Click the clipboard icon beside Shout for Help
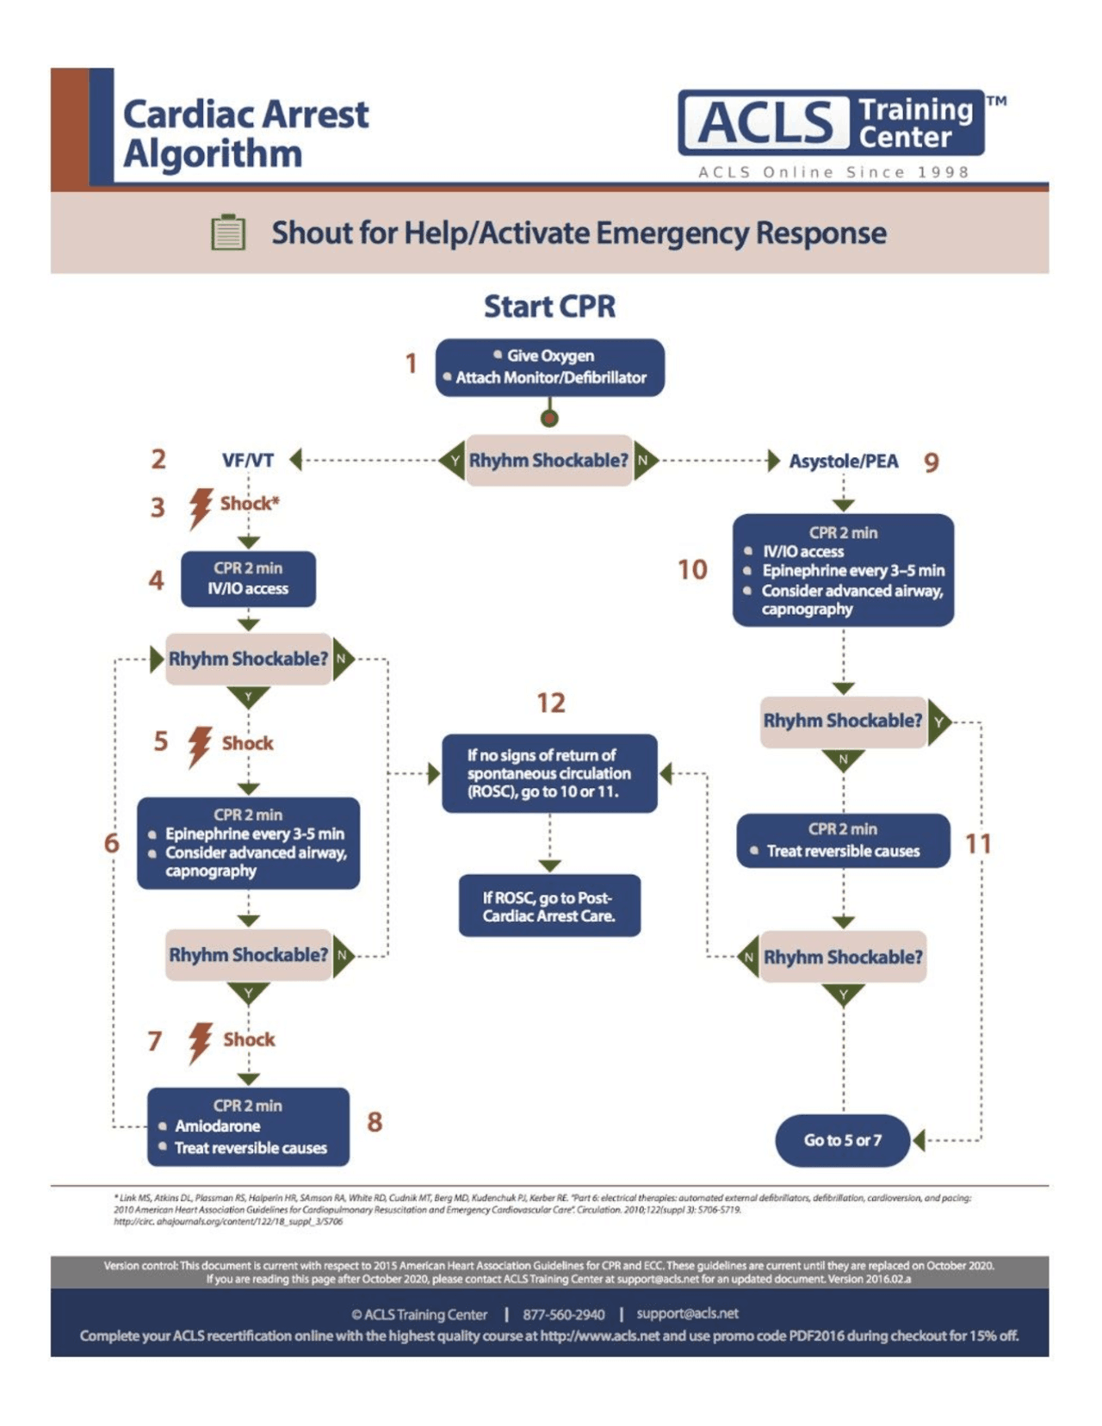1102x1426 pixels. (228, 232)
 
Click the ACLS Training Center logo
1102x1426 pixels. (831, 122)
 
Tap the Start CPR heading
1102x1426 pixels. (549, 307)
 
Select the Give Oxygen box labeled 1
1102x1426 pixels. (549, 367)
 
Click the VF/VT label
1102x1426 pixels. (248, 461)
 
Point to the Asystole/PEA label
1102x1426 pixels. (843, 462)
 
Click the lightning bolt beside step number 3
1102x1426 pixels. (201, 507)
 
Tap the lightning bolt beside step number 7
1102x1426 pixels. (201, 1043)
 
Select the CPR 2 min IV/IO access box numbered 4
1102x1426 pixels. (248, 579)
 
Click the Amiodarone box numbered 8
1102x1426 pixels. (248, 1126)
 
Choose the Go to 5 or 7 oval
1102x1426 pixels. (842, 1140)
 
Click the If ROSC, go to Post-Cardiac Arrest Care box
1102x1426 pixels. (549, 906)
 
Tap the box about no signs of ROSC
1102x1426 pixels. (549, 773)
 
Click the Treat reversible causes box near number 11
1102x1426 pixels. (843, 840)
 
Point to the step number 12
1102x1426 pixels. (551, 704)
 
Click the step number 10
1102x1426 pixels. (692, 570)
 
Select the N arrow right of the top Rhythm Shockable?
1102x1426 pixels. (645, 461)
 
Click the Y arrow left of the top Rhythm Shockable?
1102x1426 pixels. (453, 461)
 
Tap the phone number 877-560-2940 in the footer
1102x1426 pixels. (563, 1314)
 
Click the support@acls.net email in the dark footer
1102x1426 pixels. (687, 1313)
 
